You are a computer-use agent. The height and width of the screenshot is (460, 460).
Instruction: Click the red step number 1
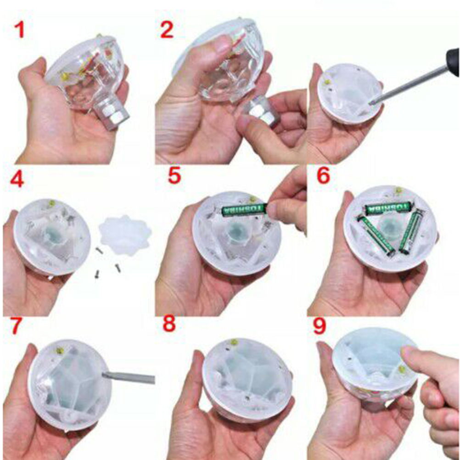(20, 31)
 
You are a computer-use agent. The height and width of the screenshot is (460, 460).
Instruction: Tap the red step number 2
(167, 30)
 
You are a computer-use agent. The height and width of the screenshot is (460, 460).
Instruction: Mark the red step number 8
(169, 323)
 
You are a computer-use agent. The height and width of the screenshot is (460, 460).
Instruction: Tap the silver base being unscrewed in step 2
(263, 111)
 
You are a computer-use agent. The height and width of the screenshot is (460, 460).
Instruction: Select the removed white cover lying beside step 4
(125, 235)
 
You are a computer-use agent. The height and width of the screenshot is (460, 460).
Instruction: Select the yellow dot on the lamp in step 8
(234, 342)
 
